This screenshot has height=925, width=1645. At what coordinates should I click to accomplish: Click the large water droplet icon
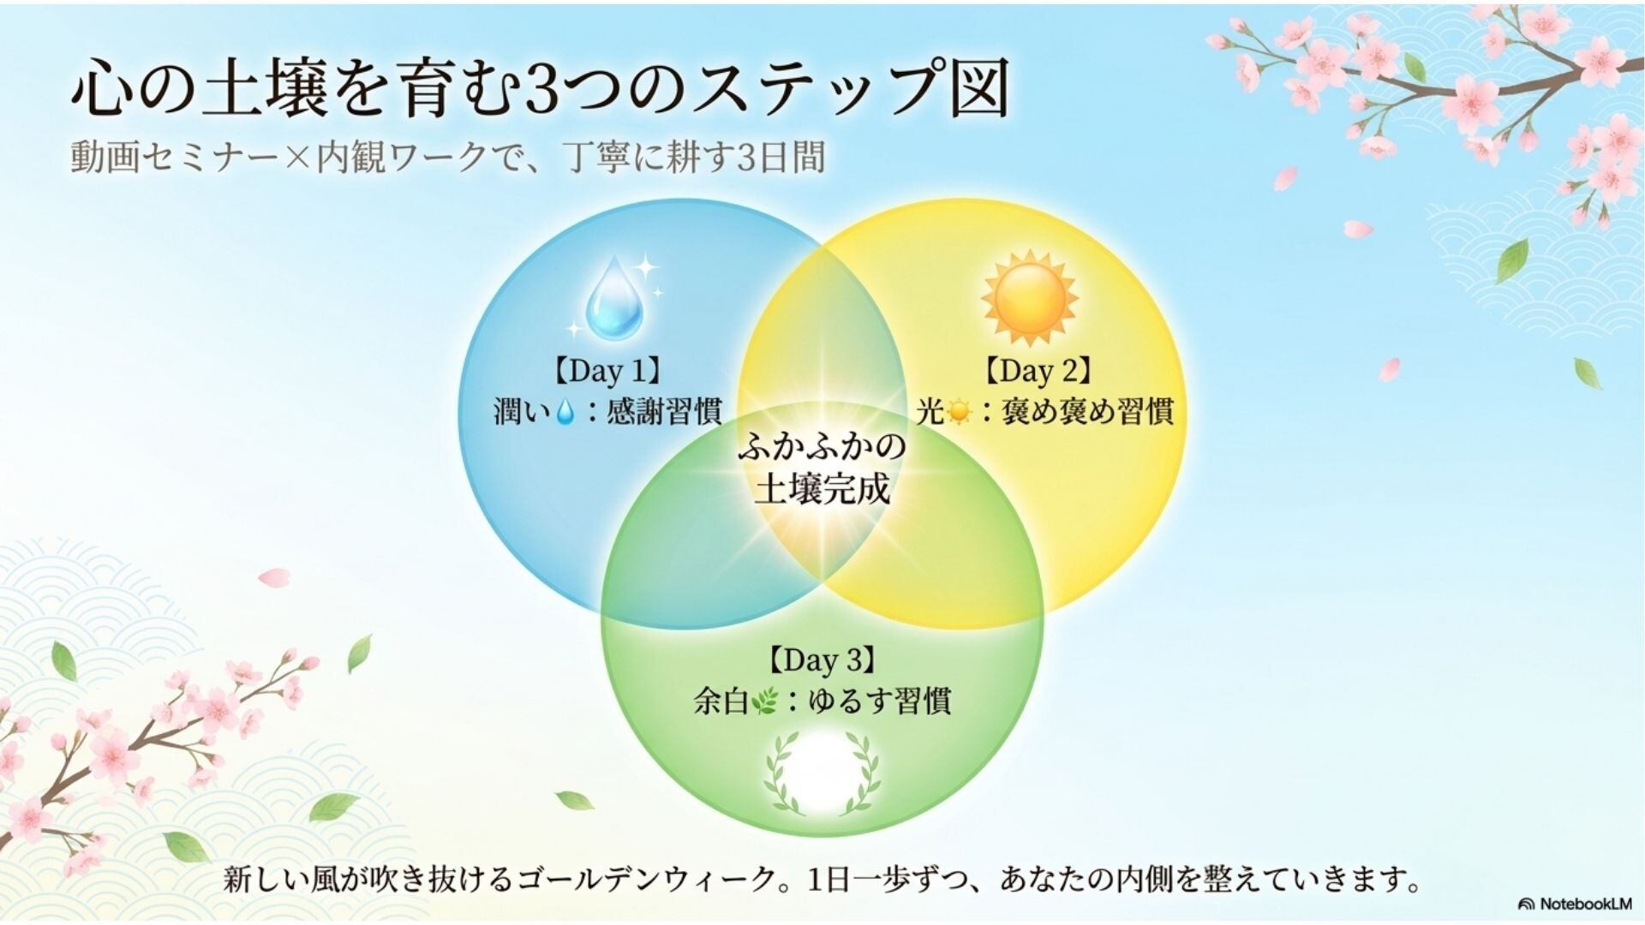pyautogui.click(x=613, y=303)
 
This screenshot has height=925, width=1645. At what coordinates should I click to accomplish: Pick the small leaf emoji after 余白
pyautogui.click(x=762, y=702)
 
